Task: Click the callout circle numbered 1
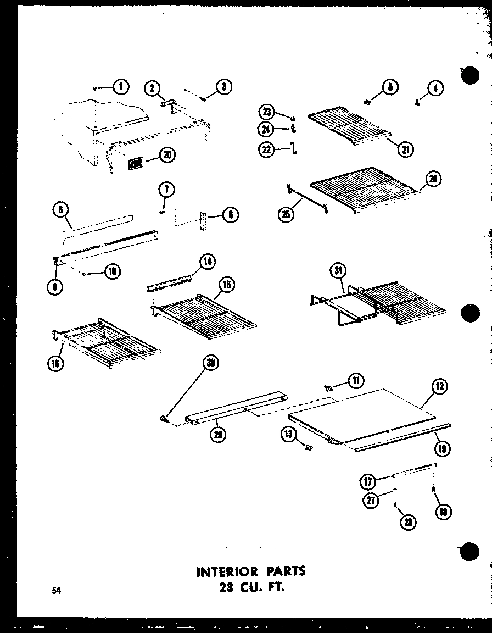[121, 87]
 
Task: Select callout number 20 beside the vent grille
[166, 156]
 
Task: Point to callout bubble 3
[223, 86]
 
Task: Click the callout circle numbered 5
[390, 87]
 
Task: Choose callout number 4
[435, 88]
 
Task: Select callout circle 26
[433, 180]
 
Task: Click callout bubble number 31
[339, 271]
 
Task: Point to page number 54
[57, 591]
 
